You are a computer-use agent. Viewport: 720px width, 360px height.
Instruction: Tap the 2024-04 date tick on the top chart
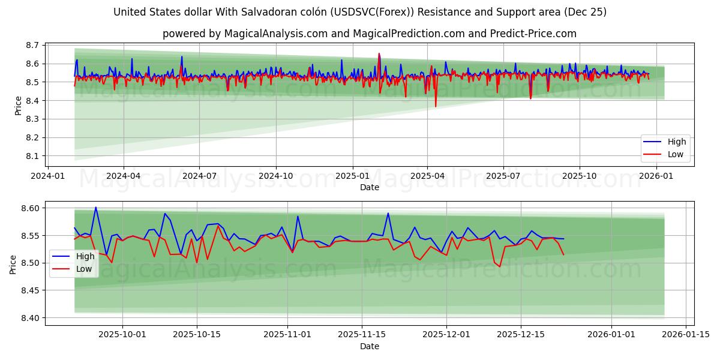pos(124,176)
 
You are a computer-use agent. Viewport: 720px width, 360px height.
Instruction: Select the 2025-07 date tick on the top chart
pos(503,176)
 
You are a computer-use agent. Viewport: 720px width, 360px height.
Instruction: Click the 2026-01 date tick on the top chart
pos(656,176)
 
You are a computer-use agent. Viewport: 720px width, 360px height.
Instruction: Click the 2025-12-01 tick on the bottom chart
pos(446,335)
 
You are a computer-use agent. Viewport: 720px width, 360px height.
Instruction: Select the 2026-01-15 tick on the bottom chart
pos(685,335)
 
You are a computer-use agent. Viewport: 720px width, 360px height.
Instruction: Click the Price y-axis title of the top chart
pos(18,106)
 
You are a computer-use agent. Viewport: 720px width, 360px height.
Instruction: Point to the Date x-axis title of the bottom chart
pos(369,346)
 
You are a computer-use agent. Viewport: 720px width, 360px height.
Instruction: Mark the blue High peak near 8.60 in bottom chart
pos(95,208)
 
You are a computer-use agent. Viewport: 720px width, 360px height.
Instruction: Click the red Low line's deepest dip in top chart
pos(436,107)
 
